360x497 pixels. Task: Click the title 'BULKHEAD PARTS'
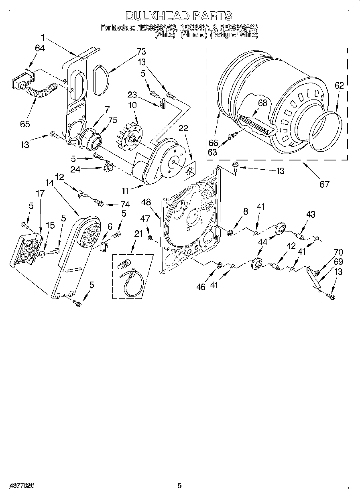[179, 16]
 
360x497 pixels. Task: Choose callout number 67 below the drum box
[324, 184]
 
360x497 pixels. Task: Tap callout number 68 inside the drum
[262, 103]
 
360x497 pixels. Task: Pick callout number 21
[138, 234]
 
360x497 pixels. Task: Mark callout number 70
[338, 252]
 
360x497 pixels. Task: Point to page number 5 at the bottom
[179, 486]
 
